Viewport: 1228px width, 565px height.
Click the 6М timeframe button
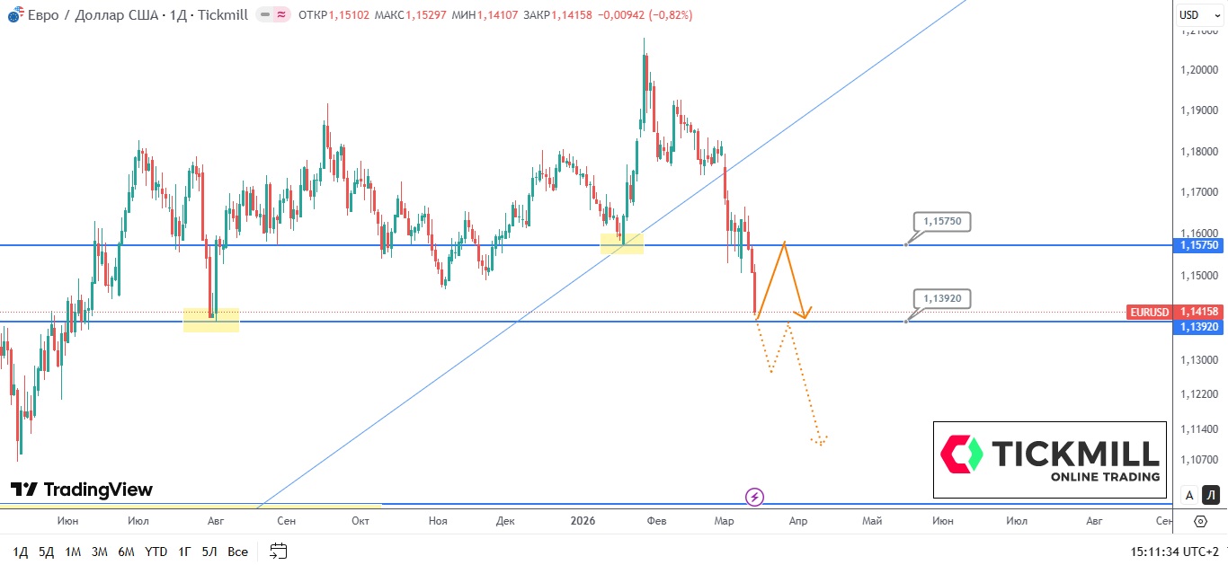pyautogui.click(x=126, y=551)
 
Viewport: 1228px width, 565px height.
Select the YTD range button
pyautogui.click(x=156, y=551)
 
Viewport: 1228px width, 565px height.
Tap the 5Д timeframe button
pyautogui.click(x=46, y=551)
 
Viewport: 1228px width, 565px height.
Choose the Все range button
pyautogui.click(x=237, y=551)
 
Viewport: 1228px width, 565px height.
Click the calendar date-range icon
pyautogui.click(x=279, y=551)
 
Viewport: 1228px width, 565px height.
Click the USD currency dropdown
pyautogui.click(x=1189, y=14)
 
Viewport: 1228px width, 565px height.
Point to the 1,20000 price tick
pyautogui.click(x=1199, y=70)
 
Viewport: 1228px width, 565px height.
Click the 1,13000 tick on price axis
pyautogui.click(x=1199, y=360)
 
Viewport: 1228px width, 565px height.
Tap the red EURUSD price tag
pyautogui.click(x=1150, y=312)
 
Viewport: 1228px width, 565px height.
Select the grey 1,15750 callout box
pyautogui.click(x=942, y=221)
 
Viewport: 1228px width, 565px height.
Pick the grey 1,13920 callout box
pyautogui.click(x=942, y=298)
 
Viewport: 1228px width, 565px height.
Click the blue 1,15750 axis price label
pyautogui.click(x=1199, y=245)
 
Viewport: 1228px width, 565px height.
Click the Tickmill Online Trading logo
pyautogui.click(x=1049, y=460)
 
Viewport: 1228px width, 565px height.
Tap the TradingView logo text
pyautogui.click(x=82, y=490)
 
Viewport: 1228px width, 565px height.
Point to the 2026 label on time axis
pyautogui.click(x=583, y=521)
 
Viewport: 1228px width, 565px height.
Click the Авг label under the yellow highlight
pyautogui.click(x=216, y=521)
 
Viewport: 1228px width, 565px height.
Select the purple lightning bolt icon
pyautogui.click(x=755, y=497)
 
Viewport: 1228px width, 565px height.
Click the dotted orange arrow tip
pyautogui.click(x=820, y=443)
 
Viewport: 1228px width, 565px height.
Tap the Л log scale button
pyautogui.click(x=1211, y=495)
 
